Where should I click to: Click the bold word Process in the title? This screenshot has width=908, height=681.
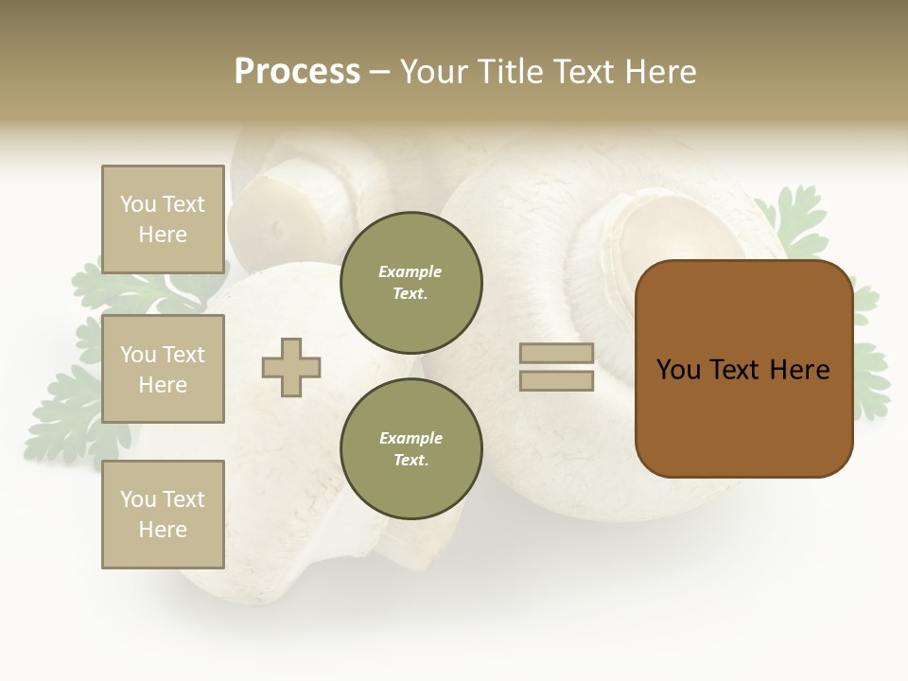297,72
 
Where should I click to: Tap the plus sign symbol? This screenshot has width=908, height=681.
291,367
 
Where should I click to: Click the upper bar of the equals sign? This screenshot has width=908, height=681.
556,353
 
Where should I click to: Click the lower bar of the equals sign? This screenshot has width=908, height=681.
556,381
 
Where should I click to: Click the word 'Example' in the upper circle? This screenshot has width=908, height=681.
410,271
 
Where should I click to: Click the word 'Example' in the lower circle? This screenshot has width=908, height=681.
410,438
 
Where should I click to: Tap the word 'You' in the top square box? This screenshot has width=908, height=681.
138,204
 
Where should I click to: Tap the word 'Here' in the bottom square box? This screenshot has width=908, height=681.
163,530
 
